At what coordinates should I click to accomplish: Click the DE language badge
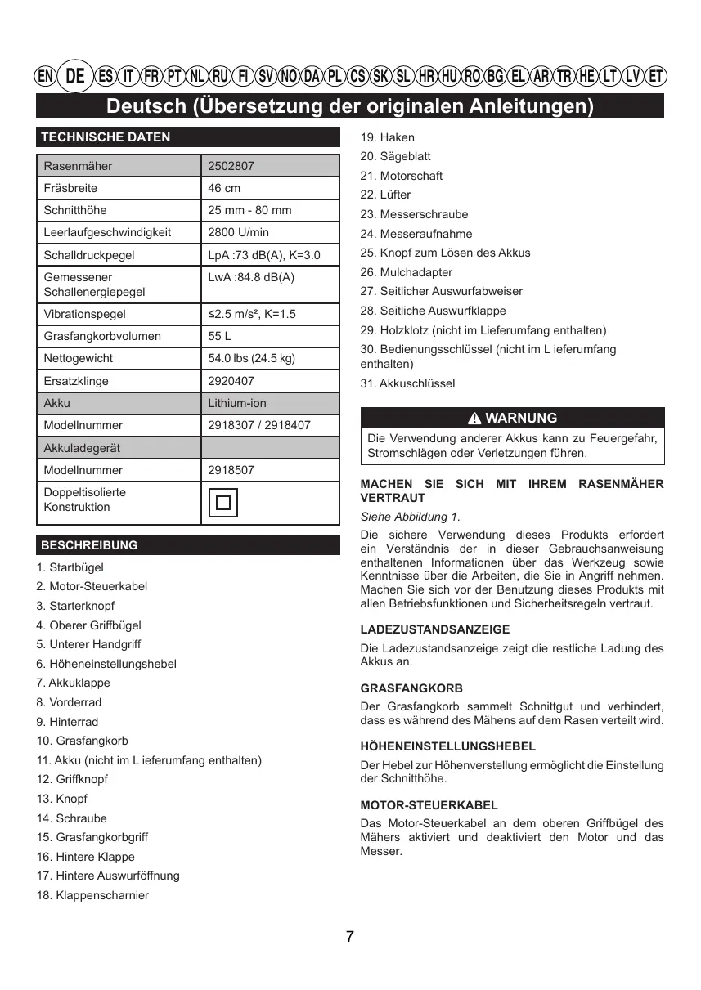(x=75, y=77)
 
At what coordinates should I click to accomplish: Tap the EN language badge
(x=46, y=77)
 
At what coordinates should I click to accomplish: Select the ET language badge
(x=655, y=77)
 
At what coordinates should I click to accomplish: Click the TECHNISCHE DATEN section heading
(x=106, y=137)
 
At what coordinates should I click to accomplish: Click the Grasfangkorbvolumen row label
(x=102, y=336)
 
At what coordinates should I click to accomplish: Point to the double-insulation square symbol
(x=223, y=502)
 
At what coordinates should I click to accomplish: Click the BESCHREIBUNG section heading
(x=89, y=544)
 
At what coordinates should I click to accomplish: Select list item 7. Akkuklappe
(x=73, y=683)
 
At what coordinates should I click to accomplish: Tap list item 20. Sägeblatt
(x=395, y=156)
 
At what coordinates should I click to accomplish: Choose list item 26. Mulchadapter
(x=406, y=272)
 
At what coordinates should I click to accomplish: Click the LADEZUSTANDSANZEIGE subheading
(x=434, y=629)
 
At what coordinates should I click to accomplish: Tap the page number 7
(x=350, y=937)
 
